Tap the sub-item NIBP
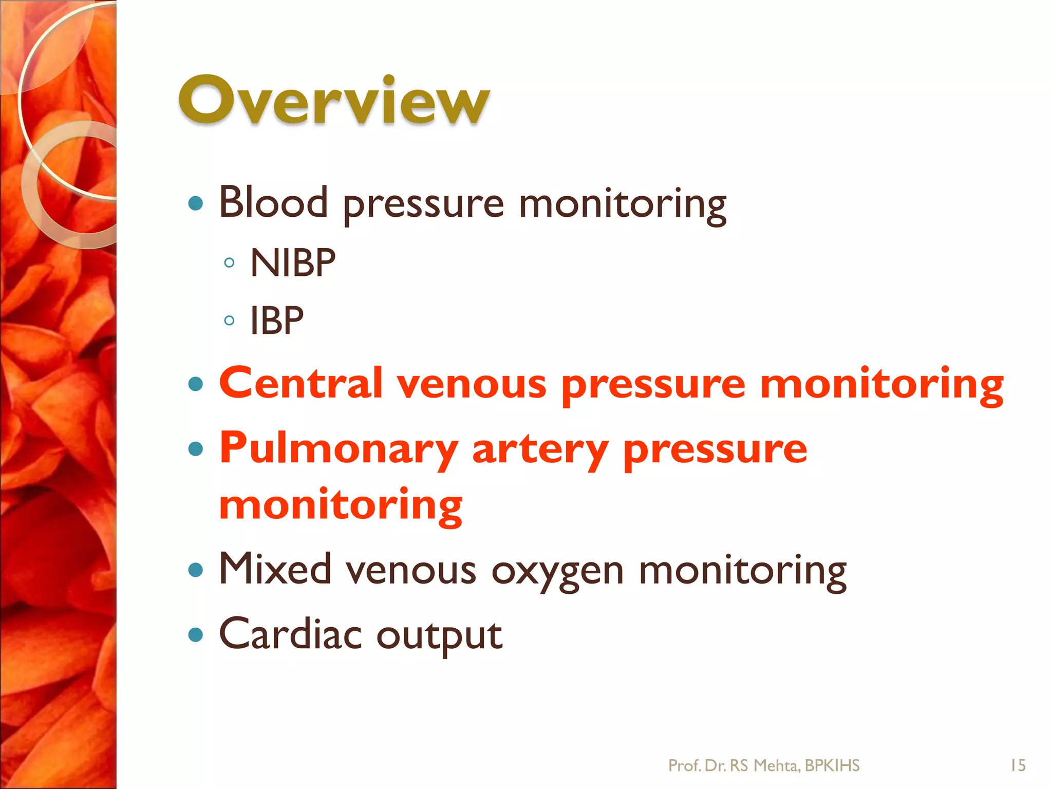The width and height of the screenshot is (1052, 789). pos(293,263)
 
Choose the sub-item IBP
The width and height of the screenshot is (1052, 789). pos(277,321)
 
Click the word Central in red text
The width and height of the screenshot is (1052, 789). pos(301,383)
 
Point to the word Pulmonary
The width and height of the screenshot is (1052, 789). pos(339,448)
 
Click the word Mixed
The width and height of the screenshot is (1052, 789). pos(275,569)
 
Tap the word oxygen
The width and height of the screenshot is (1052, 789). pos(557,571)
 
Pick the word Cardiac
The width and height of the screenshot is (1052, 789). pos(290,634)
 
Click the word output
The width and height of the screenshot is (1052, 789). pos(439,636)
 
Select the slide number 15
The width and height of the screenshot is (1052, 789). pos(1018,765)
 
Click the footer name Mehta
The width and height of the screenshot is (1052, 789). pos(776,765)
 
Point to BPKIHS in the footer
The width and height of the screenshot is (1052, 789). pos(832,765)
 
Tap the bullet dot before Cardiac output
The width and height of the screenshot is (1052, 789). pos(196,635)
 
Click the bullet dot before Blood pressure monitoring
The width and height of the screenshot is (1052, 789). pos(196,203)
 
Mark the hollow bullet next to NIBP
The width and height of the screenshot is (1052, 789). pos(230,263)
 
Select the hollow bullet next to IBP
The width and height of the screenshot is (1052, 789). pos(230,321)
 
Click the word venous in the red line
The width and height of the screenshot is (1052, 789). pos(472,384)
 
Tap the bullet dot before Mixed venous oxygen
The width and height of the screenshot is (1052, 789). pos(196,570)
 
